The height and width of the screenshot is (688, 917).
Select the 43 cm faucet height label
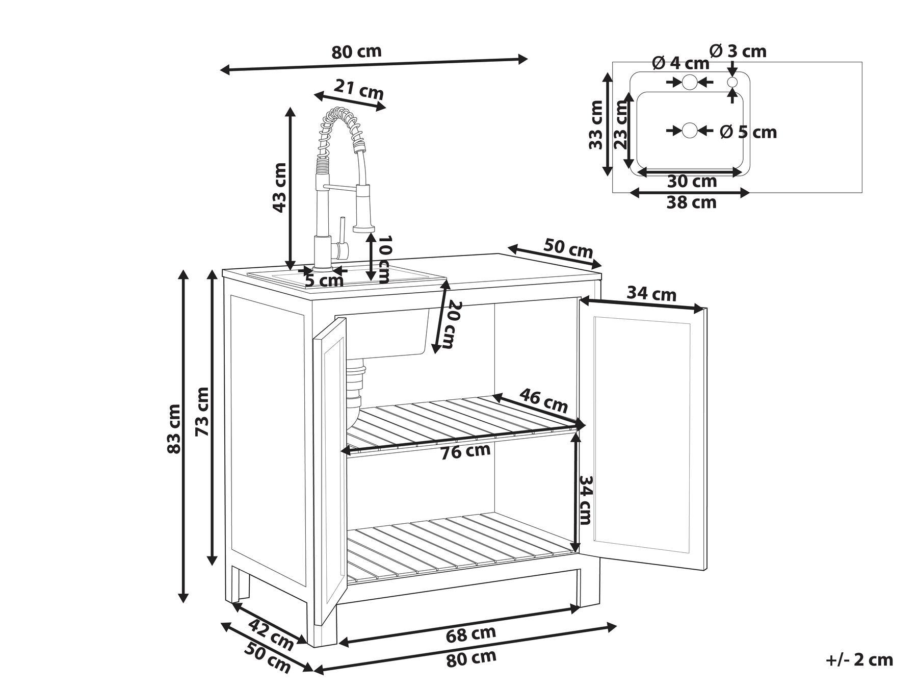[278, 187]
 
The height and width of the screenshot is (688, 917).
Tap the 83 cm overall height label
[173, 428]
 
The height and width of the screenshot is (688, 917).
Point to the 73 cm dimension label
[202, 411]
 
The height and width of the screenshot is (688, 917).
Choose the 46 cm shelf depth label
[543, 400]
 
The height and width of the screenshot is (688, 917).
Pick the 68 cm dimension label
[470, 634]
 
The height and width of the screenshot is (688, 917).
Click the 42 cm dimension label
[272, 634]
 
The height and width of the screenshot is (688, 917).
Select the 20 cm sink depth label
[449, 325]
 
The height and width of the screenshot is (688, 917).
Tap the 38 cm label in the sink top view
[691, 202]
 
